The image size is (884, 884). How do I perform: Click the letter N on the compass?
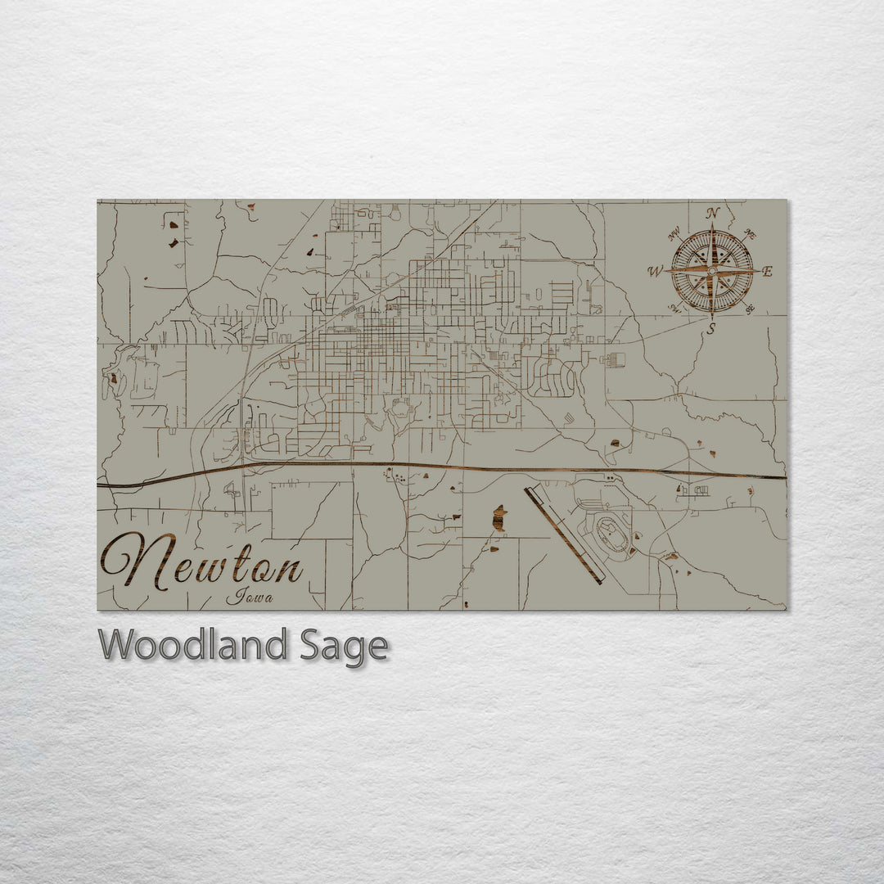coord(712,214)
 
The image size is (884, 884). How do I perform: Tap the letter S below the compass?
coord(710,328)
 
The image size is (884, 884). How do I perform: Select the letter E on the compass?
coord(767,272)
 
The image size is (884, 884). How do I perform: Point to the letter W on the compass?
coord(656,271)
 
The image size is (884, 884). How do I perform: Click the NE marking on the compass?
coord(751,235)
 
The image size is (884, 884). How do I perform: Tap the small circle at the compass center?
coord(712,270)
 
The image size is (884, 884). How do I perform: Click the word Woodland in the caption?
coord(192,645)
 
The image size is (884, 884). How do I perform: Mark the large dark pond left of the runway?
coord(498,518)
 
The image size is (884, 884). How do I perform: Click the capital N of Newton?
coord(135,561)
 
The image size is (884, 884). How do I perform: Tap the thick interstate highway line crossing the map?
coord(442,467)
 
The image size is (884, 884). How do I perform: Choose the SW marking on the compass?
coord(675,309)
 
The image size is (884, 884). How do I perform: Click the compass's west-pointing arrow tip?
coord(665,271)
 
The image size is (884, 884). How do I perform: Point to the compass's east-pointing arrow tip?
coord(758,271)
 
